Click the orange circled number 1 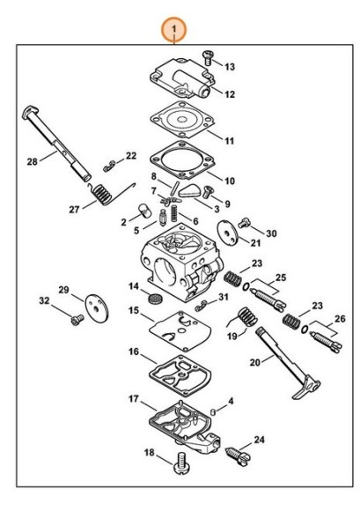(173, 30)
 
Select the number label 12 (230, 94)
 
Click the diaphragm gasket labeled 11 (183, 119)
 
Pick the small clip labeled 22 (110, 166)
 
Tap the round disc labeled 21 (227, 232)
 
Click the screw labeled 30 (244, 222)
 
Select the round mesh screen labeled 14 (155, 299)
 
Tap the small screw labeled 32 (77, 319)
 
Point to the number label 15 (134, 310)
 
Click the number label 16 (134, 352)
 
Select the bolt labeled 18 (180, 463)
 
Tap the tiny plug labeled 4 (214, 411)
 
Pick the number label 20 (255, 362)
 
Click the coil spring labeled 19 (244, 317)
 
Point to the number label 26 (340, 318)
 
